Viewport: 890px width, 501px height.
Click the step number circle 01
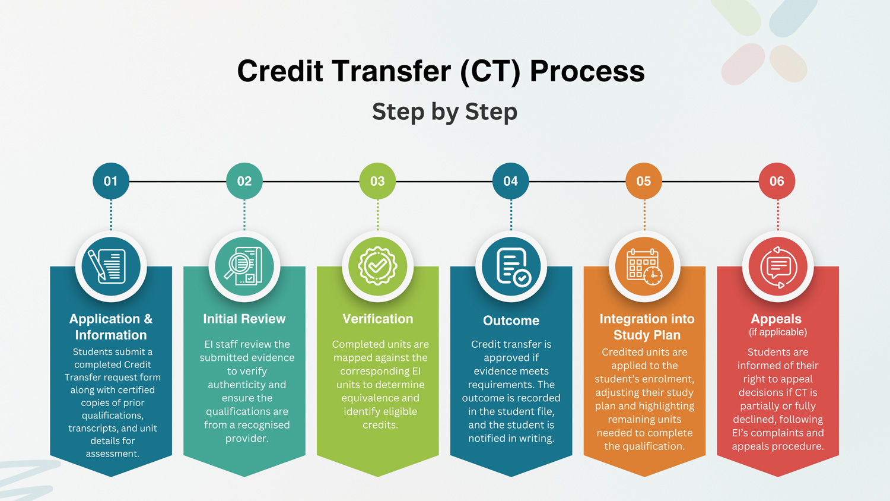(x=111, y=181)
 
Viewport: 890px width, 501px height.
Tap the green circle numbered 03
(x=377, y=181)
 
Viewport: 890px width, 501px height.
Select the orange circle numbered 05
(x=644, y=181)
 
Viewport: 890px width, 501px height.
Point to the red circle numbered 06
(x=777, y=181)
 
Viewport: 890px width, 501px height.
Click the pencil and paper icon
(x=107, y=266)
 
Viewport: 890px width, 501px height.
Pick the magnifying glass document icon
(x=243, y=266)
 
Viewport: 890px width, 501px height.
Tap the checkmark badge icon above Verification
(x=377, y=266)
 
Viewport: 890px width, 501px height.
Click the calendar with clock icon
(x=644, y=267)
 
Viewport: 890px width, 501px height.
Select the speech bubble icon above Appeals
(x=778, y=267)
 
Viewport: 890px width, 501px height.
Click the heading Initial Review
(x=244, y=319)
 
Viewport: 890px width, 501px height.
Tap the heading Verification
(x=378, y=319)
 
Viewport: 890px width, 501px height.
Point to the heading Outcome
(x=511, y=321)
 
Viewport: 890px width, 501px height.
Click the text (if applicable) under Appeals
(x=778, y=332)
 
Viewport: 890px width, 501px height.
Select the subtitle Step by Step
(x=444, y=112)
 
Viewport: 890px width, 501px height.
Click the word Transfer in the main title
(x=392, y=71)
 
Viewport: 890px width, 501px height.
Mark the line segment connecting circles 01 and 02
(x=177, y=181)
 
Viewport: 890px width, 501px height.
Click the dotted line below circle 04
(x=511, y=215)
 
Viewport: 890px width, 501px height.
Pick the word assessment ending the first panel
(x=113, y=454)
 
